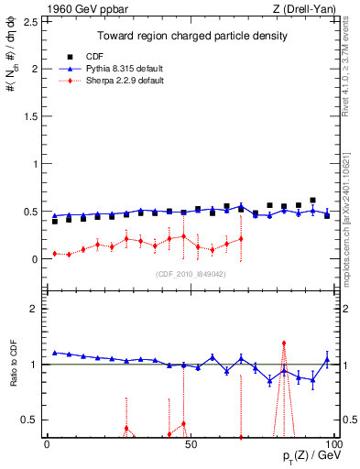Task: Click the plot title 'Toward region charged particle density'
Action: pyautogui.click(x=193, y=36)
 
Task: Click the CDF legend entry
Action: pyautogui.click(x=108, y=57)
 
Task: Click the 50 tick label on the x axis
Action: pyautogui.click(x=190, y=443)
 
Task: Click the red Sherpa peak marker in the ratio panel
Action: pyautogui.click(x=284, y=343)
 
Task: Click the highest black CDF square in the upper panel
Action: pyautogui.click(x=312, y=200)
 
